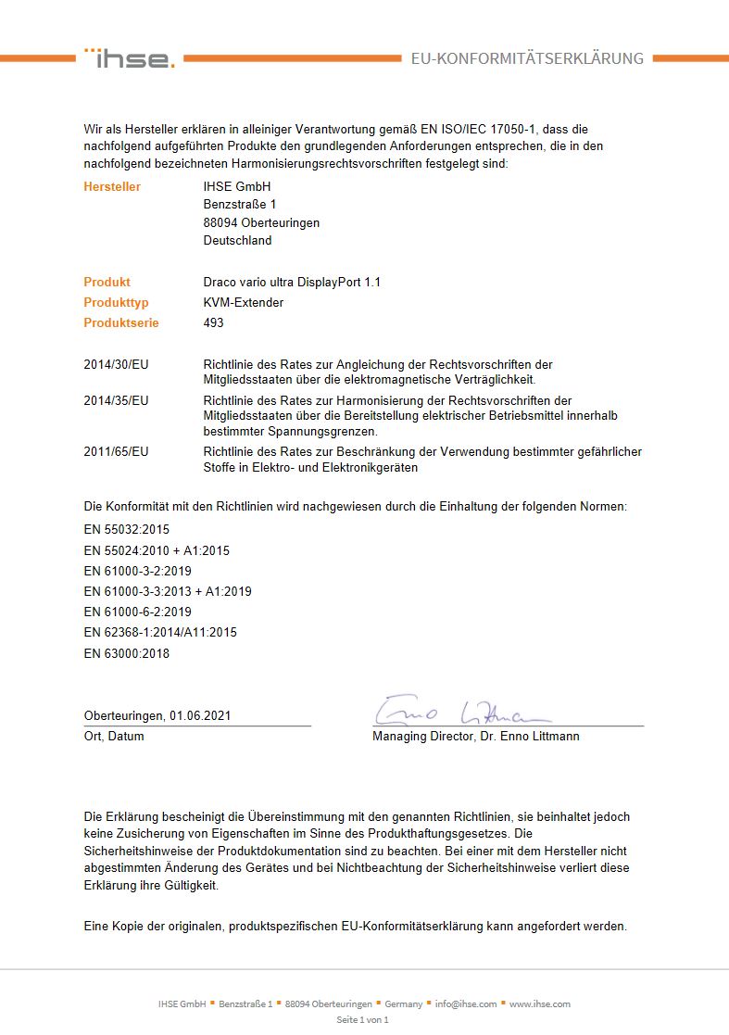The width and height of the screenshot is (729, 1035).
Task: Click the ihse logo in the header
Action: tap(129, 58)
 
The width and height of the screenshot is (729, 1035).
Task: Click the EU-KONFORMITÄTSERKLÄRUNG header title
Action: tap(527, 58)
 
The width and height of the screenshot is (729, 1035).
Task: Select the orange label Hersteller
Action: tap(112, 187)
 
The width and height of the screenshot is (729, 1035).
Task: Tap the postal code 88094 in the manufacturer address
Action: tap(221, 223)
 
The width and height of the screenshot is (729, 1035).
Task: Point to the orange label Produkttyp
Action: tap(116, 303)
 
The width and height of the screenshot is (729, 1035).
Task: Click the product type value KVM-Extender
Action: tap(243, 303)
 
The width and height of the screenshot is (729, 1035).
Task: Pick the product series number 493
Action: tap(213, 323)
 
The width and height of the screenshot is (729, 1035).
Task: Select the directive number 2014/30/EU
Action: tap(116, 365)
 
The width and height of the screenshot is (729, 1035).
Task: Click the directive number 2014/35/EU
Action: tap(116, 400)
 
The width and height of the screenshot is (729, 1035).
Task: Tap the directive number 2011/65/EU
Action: tap(116, 452)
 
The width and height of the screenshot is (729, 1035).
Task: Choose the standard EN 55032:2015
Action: tap(127, 530)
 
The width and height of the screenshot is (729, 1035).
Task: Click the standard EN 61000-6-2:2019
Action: tap(137, 612)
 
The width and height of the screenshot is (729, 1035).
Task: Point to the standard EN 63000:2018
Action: tap(127, 653)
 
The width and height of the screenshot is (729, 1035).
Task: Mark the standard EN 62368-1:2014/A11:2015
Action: tap(160, 632)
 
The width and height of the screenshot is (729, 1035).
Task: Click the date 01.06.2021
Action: tap(199, 716)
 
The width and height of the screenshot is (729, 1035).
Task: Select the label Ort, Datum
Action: tap(114, 737)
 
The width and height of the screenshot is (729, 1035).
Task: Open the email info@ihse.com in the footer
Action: tap(466, 1003)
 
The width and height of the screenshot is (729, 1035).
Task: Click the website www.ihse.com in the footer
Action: tap(539, 1003)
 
